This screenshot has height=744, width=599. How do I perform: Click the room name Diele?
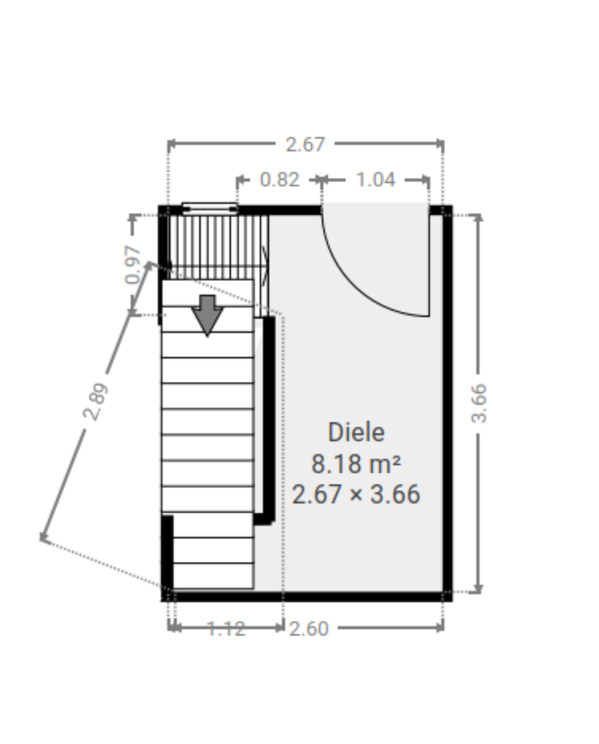pos(356,432)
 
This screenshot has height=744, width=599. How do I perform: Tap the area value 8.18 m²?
pos(356,463)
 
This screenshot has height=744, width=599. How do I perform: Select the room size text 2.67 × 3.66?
pos(356,494)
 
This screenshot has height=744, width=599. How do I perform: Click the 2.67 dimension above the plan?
pos(305,144)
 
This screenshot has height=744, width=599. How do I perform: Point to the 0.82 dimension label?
pos(280,180)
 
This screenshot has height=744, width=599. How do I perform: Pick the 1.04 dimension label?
pos(376,180)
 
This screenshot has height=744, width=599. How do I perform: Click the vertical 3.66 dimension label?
pos(479,403)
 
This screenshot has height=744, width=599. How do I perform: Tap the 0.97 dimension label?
pos(133,264)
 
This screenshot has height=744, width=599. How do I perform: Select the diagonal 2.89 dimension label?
pos(95,401)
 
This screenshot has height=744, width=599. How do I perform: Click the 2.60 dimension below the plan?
pos(308,629)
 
